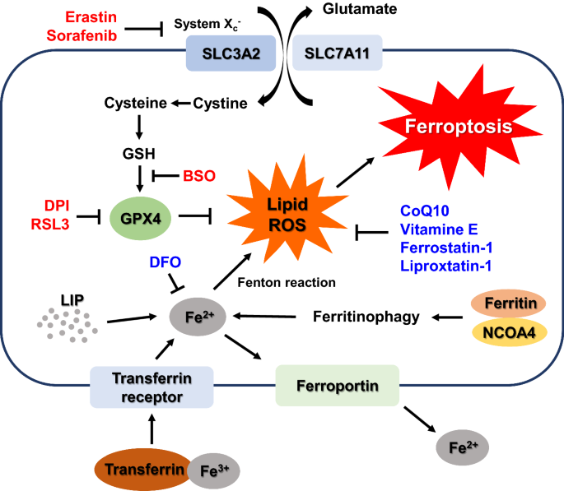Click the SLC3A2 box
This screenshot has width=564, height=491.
[x=231, y=53]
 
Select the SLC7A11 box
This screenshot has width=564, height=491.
[x=337, y=53]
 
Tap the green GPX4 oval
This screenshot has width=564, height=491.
[x=140, y=219]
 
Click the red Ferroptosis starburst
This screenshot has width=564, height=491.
[x=459, y=127]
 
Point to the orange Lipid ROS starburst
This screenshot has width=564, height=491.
[x=287, y=213]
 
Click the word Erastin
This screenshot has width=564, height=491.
[x=91, y=17]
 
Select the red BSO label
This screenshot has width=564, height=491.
[x=199, y=176]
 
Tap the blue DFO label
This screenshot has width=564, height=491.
[x=165, y=262]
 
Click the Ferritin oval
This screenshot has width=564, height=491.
[x=509, y=303]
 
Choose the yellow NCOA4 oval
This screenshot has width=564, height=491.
[x=510, y=332]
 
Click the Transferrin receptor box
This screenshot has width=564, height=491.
[x=151, y=387]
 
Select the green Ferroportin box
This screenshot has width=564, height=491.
[x=338, y=386]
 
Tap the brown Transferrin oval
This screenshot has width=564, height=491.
[x=143, y=470]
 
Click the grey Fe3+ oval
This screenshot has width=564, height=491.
[x=214, y=470]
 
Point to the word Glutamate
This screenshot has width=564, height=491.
[x=360, y=8]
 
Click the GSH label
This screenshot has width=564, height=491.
[x=139, y=154]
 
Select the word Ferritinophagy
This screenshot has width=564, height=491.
[x=366, y=317]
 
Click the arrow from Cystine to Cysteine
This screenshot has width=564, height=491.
[x=181, y=104]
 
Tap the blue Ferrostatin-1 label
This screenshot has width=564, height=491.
[x=446, y=248]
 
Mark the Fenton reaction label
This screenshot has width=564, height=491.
[x=287, y=282]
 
